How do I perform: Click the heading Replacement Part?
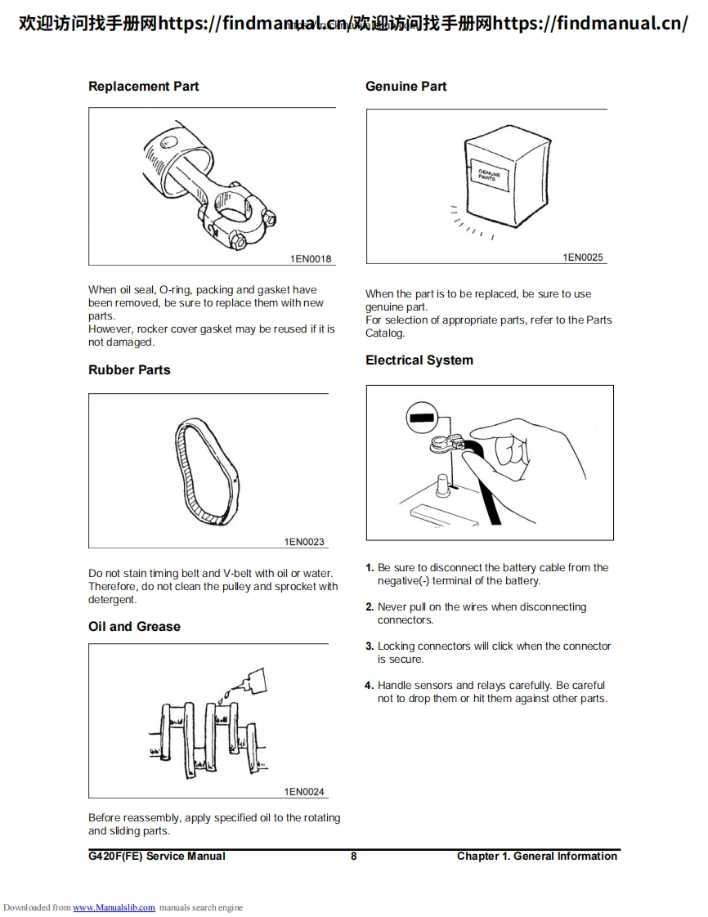coord(143,87)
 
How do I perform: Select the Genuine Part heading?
coord(406,87)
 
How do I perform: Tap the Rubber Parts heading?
coord(129,370)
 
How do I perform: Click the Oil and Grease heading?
coord(134,627)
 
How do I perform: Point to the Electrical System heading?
coord(419,360)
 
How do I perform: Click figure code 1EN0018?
coord(311,259)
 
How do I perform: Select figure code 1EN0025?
coord(583,257)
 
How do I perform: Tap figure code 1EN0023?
coord(304,542)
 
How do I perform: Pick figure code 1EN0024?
coord(304,792)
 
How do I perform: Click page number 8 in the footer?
coord(353,857)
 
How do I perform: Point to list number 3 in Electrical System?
coord(370,646)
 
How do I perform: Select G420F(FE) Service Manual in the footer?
coord(157,857)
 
